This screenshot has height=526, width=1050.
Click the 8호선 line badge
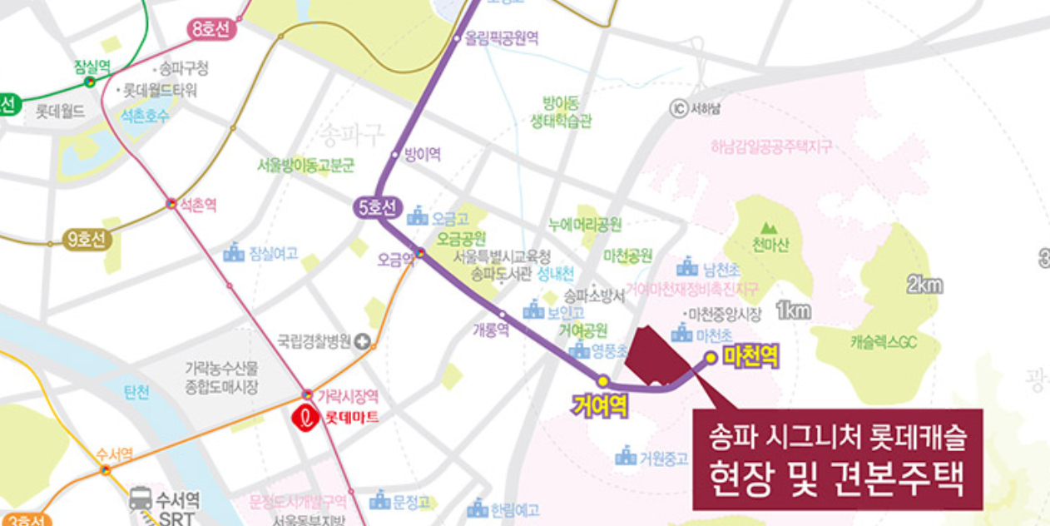(x=212, y=30)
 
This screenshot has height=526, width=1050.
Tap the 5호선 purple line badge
(x=379, y=208)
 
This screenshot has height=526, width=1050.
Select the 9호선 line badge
(x=87, y=240)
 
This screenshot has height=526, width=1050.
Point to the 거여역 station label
(x=599, y=405)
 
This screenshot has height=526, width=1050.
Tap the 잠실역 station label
(x=91, y=66)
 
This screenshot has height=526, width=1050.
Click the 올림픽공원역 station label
(x=502, y=38)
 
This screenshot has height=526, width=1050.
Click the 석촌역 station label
(x=199, y=205)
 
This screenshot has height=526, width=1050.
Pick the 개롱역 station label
(x=490, y=329)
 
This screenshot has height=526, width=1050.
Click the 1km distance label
(x=793, y=310)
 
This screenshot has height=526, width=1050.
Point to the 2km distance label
(x=924, y=285)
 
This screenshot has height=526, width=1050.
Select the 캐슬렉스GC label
(x=884, y=341)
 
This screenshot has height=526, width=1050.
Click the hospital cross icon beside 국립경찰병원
(x=362, y=340)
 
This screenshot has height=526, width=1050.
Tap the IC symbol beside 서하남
(x=678, y=108)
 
